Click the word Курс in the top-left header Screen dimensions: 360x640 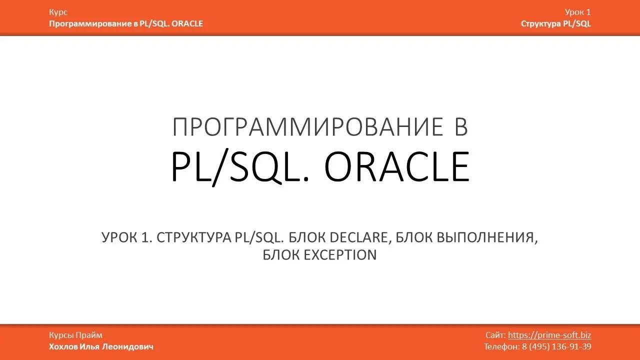point(58,12)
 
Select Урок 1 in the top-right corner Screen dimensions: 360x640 point(577,12)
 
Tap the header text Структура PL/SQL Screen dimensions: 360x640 point(555,23)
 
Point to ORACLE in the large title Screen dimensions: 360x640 point(397,167)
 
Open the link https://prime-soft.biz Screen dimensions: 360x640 point(549,335)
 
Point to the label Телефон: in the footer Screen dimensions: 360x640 point(501,346)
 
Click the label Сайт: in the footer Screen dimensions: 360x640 point(495,335)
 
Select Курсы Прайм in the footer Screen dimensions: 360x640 point(75,335)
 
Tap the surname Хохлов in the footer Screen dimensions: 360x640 point(63,346)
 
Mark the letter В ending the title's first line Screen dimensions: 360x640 point(460,127)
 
